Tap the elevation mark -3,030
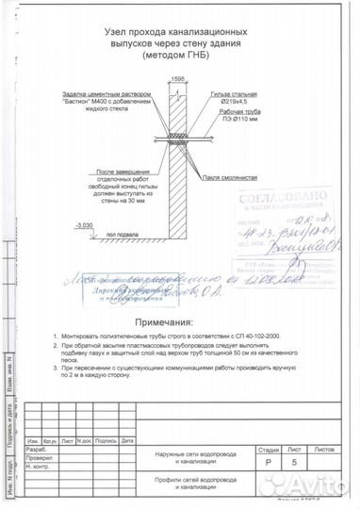[83, 226]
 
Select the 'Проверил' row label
[41, 458]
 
